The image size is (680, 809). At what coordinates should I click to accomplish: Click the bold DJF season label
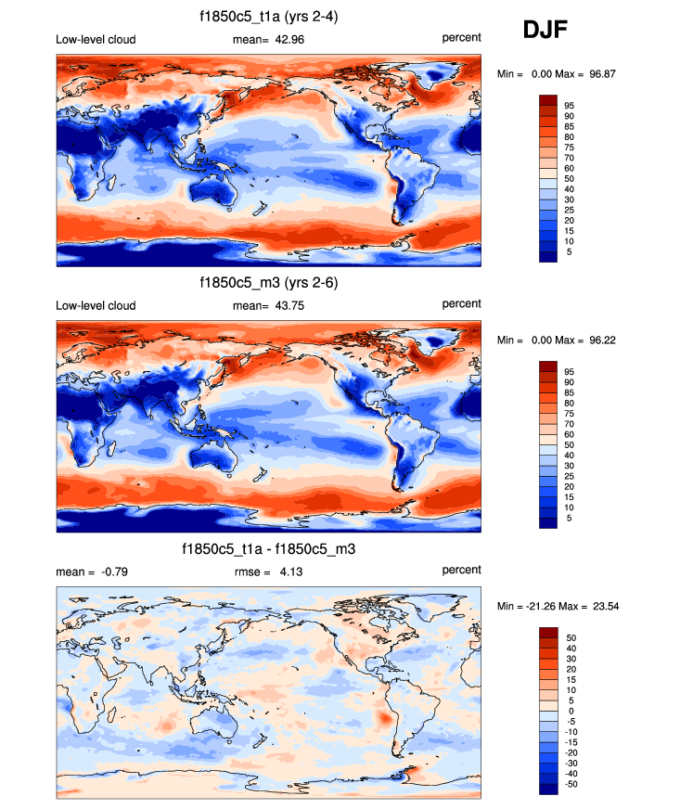[545, 31]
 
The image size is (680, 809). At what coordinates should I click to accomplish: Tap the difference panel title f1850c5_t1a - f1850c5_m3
[269, 550]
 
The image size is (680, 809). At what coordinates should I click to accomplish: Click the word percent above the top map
[461, 38]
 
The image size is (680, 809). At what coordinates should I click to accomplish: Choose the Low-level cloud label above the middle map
[96, 305]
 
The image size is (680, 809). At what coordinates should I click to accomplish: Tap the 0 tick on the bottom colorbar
[571, 711]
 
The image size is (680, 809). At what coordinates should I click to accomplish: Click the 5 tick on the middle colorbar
[571, 519]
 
